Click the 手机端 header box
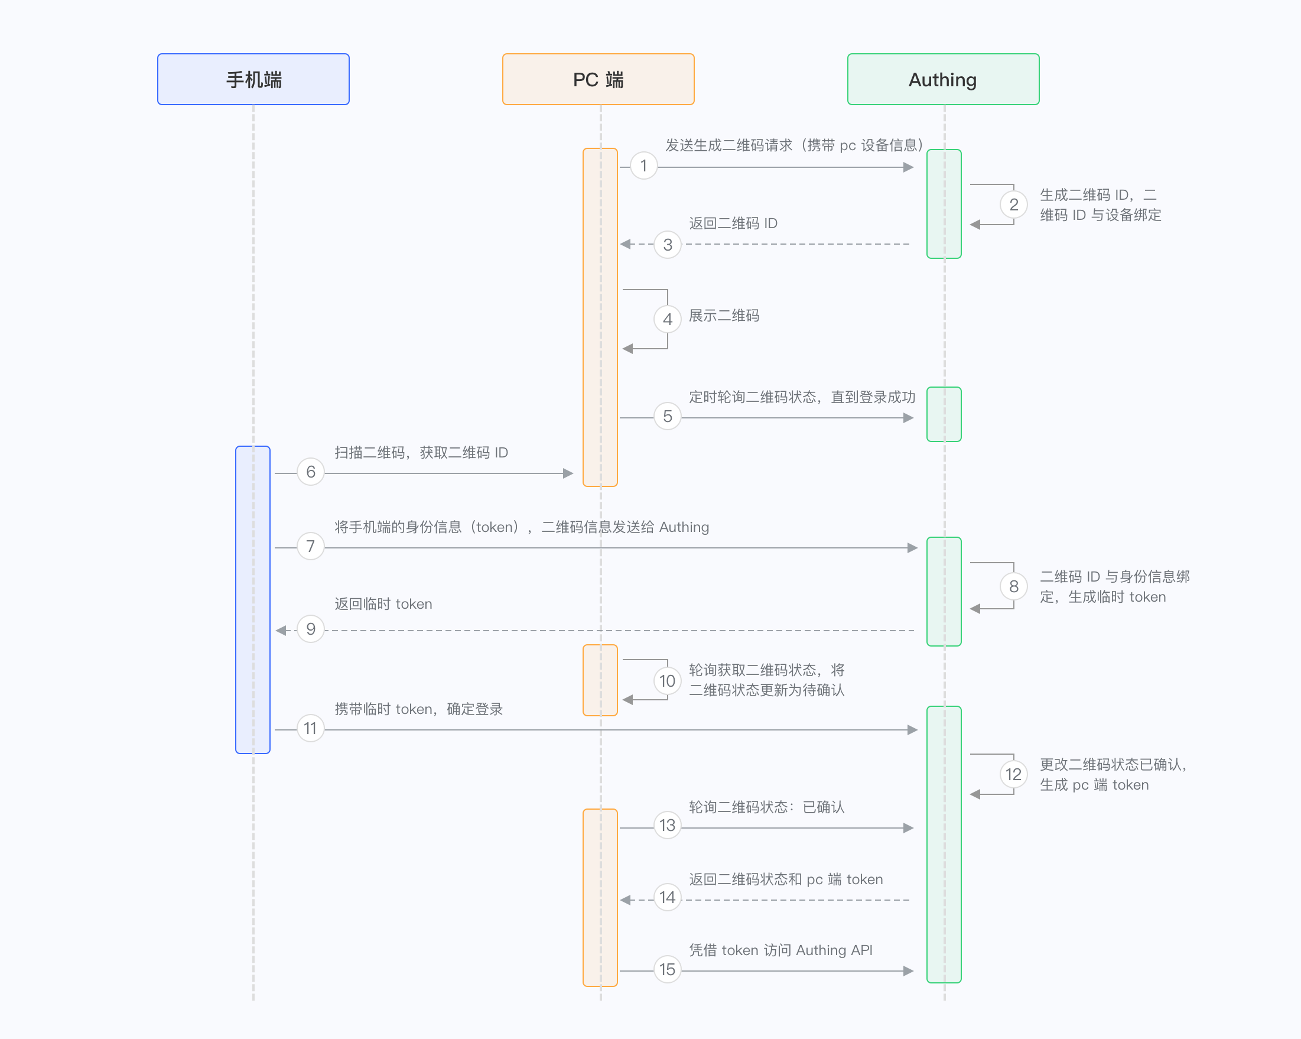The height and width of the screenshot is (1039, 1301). pyautogui.click(x=253, y=79)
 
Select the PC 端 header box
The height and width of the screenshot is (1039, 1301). pyautogui.click(x=598, y=79)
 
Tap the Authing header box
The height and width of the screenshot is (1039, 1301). pyautogui.click(x=943, y=79)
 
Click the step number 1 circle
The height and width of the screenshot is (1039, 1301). pyautogui.click(x=644, y=165)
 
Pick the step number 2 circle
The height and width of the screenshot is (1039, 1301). pyautogui.click(x=1014, y=204)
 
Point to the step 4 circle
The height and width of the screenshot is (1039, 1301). pyautogui.click(x=668, y=319)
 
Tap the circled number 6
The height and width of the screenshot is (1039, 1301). pyautogui.click(x=311, y=472)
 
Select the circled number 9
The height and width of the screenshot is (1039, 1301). pyautogui.click(x=311, y=629)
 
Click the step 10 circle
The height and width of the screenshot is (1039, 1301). pyautogui.click(x=668, y=681)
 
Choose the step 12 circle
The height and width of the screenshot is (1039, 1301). pyautogui.click(x=1014, y=774)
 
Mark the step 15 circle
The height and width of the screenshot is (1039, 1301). pyautogui.click(x=668, y=970)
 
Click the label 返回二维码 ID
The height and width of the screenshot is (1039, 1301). pyautogui.click(x=733, y=223)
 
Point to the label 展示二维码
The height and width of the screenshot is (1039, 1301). pyautogui.click(x=724, y=316)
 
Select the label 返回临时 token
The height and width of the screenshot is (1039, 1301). pyautogui.click(x=383, y=603)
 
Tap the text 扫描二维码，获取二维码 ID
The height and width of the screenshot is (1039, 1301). pyautogui.click(x=421, y=453)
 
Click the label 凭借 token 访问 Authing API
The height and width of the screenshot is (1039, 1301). pyautogui.click(x=781, y=950)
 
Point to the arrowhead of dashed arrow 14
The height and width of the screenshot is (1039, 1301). pyautogui.click(x=626, y=900)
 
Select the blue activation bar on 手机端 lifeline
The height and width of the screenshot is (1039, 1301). pyautogui.click(x=253, y=599)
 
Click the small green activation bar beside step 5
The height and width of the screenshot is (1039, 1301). pyautogui.click(x=944, y=414)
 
